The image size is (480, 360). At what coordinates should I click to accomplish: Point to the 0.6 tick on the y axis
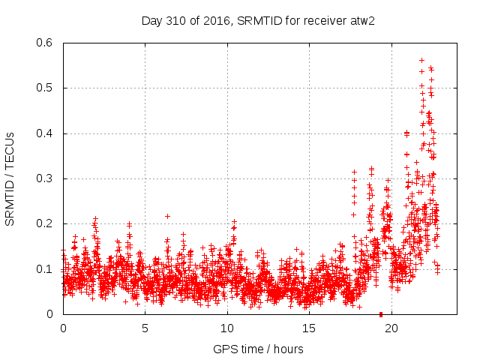pyautogui.click(x=46, y=43)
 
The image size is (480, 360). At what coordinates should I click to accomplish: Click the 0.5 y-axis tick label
pyautogui.click(x=46, y=88)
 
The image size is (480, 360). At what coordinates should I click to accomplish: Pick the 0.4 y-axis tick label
pyautogui.click(x=46, y=133)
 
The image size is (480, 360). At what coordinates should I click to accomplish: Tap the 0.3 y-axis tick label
pyautogui.click(x=46, y=178)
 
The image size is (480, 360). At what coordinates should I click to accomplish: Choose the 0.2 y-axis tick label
pyautogui.click(x=46, y=223)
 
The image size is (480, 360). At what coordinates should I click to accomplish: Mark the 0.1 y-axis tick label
pyautogui.click(x=46, y=269)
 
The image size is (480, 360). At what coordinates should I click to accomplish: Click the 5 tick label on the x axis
pyautogui.click(x=145, y=328)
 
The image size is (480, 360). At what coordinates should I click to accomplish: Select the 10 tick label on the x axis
pyautogui.click(x=226, y=328)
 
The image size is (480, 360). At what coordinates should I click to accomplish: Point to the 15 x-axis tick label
pyautogui.click(x=308, y=328)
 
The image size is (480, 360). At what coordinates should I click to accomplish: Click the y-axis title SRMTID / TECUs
pyautogui.click(x=10, y=178)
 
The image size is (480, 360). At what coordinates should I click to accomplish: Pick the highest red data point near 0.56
pyautogui.click(x=421, y=60)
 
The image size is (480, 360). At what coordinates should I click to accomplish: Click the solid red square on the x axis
pyautogui.click(x=381, y=314)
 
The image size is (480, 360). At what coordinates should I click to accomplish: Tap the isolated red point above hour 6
pyautogui.click(x=167, y=216)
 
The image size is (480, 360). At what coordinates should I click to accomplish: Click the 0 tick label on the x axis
pyautogui.click(x=63, y=328)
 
